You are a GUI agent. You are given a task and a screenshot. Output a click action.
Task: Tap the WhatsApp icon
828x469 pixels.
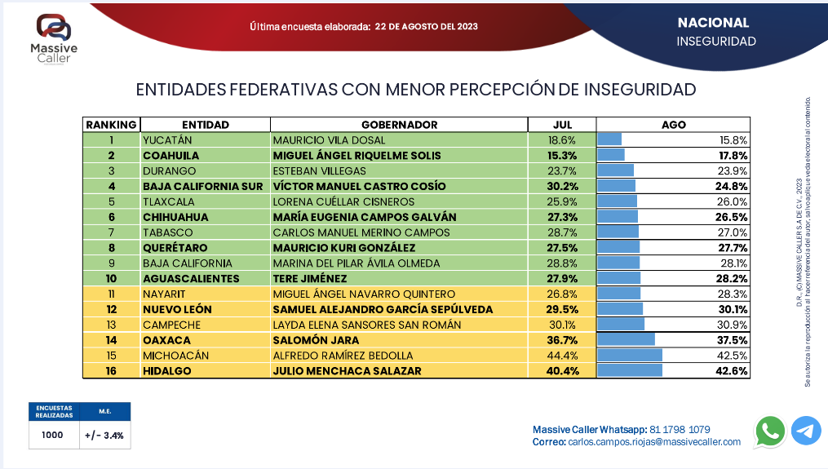pos(769,431)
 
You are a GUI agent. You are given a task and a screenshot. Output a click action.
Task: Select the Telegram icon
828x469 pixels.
pos(806,431)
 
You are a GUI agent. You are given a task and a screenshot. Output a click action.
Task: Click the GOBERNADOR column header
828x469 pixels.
pos(399,125)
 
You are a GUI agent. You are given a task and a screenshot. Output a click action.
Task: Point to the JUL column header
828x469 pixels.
pos(562,125)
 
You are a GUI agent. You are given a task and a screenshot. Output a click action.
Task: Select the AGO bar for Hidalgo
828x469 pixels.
pos(630,371)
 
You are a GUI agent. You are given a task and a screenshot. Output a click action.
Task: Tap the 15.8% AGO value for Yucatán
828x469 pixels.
pos(733,140)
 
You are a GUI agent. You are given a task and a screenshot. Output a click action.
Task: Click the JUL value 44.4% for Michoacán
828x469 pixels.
pos(563,356)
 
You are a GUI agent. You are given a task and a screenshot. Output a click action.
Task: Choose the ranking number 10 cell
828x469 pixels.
pos(111,279)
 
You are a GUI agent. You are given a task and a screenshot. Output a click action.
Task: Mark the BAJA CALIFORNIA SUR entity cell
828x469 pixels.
pos(202,186)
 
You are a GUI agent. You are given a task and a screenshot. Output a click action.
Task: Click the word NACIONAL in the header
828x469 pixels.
pos(713,23)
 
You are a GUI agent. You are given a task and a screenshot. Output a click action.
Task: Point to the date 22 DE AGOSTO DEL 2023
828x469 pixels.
pos(427,26)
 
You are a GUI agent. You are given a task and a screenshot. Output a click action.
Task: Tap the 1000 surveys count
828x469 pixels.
pos(52,436)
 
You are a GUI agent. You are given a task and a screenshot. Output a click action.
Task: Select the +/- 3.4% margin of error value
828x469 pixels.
pos(104,436)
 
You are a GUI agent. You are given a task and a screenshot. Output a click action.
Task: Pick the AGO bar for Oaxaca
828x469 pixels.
pos(627,340)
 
